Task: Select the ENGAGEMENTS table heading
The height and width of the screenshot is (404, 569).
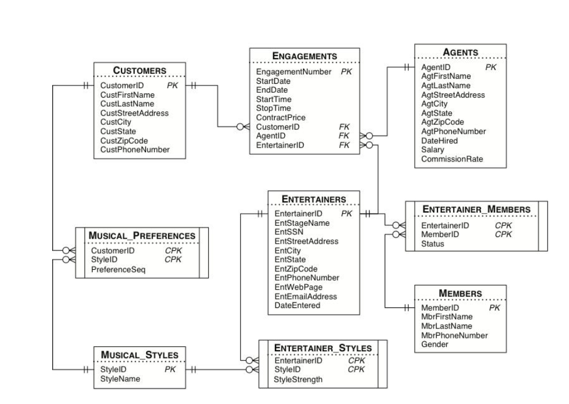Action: pos(304,56)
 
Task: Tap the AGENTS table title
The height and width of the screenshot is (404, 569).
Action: pos(460,52)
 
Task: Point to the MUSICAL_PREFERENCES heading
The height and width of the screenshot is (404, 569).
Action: pos(143,236)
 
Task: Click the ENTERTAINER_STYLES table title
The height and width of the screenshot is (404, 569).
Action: pos(323,348)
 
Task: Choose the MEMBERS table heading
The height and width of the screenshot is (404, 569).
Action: pos(460,293)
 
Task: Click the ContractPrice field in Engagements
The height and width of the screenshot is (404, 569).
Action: pos(281,118)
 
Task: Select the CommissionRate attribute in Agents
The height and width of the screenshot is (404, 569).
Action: pos(452,159)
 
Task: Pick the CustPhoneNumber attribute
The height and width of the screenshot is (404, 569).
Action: pos(135,150)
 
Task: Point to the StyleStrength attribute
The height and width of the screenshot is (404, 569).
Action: pos(299,380)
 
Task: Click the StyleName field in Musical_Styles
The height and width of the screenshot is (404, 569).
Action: pos(120,378)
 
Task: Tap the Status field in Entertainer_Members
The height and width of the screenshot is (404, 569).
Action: pos(432,244)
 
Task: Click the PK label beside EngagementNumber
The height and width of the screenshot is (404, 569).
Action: pos(346,72)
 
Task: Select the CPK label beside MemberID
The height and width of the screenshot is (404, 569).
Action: pos(503,235)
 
